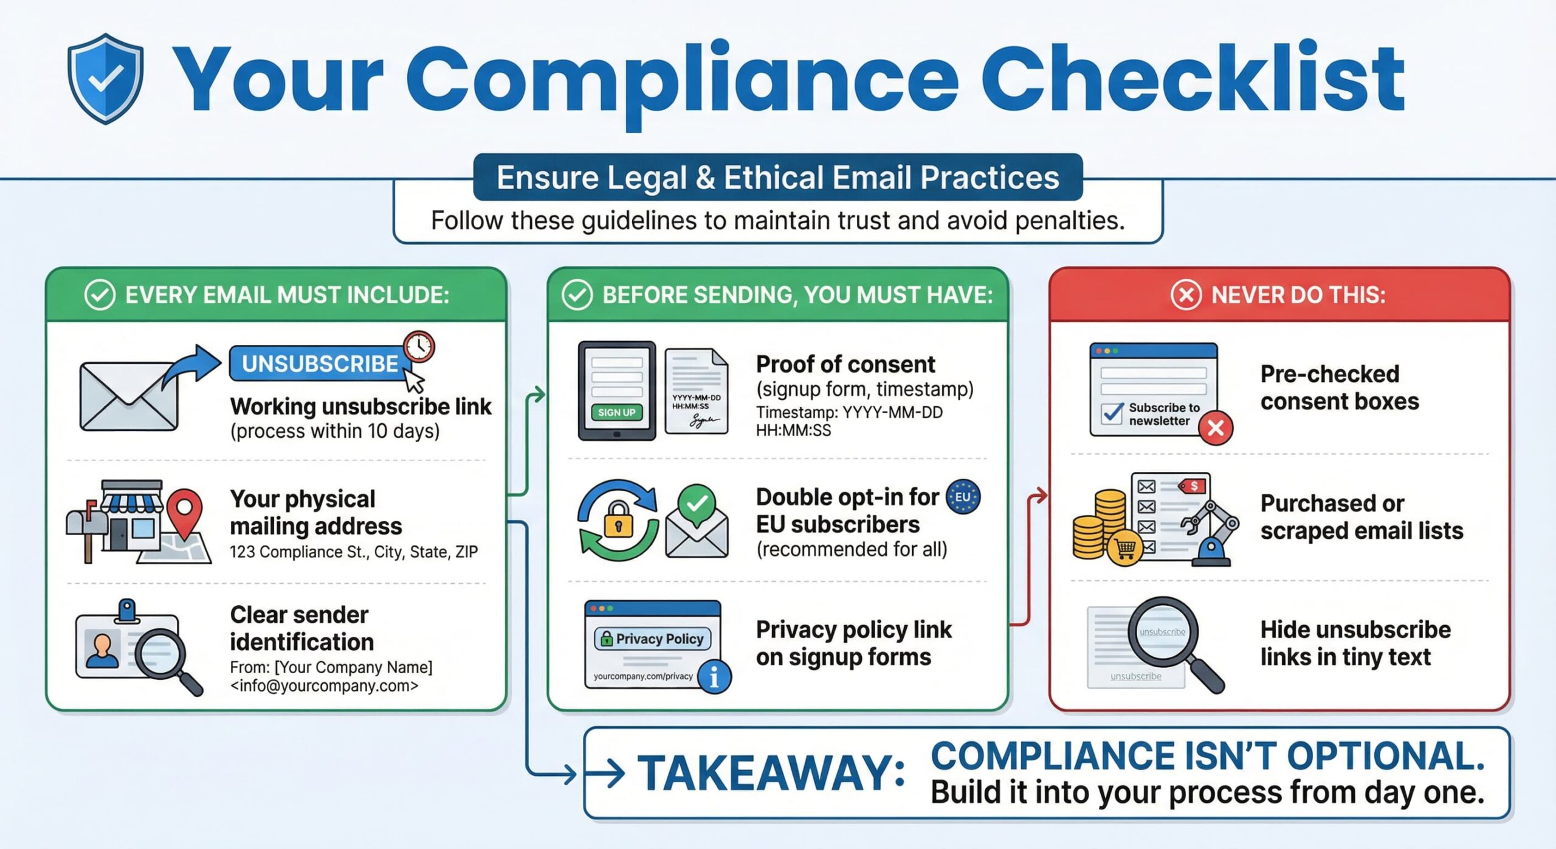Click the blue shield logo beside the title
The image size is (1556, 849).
tap(106, 78)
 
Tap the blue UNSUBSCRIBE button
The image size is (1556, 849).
tap(320, 364)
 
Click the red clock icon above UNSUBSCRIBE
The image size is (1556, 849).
tap(419, 347)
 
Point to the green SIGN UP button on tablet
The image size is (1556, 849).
tap(616, 412)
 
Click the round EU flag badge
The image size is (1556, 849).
tap(963, 497)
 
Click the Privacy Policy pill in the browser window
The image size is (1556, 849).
tap(653, 639)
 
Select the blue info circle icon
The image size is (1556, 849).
tap(714, 677)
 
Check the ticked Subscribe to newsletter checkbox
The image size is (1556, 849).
tap(1112, 414)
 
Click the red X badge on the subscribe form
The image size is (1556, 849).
tap(1216, 428)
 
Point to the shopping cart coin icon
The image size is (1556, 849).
tap(1125, 549)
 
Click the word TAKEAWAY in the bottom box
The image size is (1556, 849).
tap(771, 774)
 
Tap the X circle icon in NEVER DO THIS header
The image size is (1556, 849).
tap(1186, 296)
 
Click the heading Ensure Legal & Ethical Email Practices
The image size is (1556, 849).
tap(778, 178)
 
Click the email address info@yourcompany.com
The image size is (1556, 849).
tap(324, 686)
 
